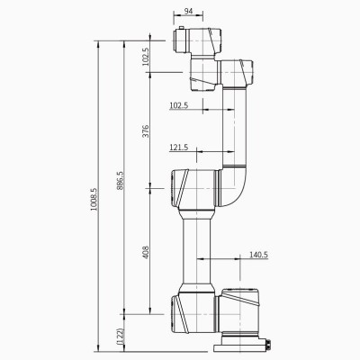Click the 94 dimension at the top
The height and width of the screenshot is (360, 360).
(187, 13)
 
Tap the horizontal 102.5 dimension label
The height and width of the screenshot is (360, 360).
(178, 105)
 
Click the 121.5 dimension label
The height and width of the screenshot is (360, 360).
(178, 148)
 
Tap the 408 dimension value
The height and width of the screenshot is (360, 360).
(147, 254)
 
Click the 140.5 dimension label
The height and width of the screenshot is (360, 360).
(258, 256)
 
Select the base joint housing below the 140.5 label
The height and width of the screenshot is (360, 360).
(241, 310)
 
